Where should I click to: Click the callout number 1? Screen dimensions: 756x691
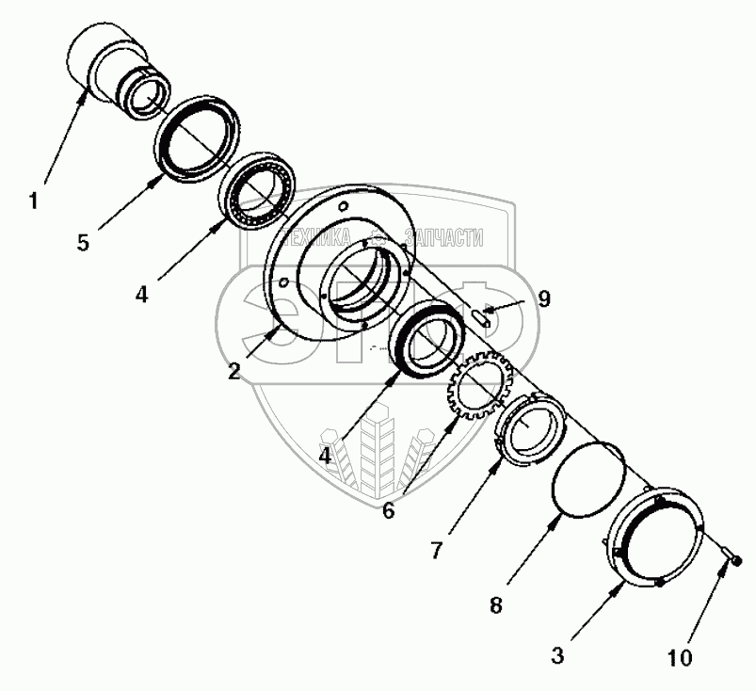click(x=34, y=200)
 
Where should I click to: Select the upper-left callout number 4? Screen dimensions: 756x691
click(x=140, y=294)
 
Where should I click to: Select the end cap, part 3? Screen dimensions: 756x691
click(x=653, y=538)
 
